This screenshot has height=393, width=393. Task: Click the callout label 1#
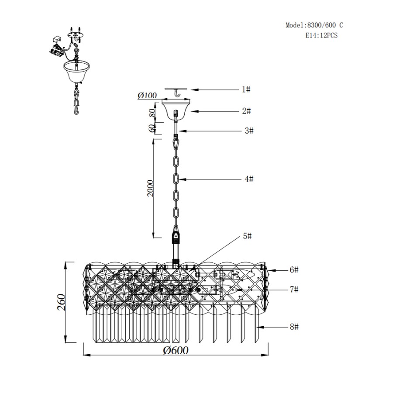pyautogui.click(x=246, y=89)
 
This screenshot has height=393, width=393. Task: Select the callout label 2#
pyautogui.click(x=246, y=111)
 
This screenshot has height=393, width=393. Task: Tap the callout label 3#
pyautogui.click(x=249, y=131)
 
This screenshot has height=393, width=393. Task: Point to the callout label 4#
pyautogui.click(x=249, y=179)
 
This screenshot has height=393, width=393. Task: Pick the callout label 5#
pyautogui.click(x=247, y=236)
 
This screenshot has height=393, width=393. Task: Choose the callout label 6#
pyautogui.click(x=294, y=270)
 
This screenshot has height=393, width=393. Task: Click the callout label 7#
pyautogui.click(x=294, y=290)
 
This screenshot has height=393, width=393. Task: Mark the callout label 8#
pyautogui.click(x=294, y=327)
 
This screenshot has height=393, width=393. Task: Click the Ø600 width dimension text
pyautogui.click(x=176, y=350)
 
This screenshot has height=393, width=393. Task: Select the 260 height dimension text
pyautogui.click(x=62, y=302)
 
